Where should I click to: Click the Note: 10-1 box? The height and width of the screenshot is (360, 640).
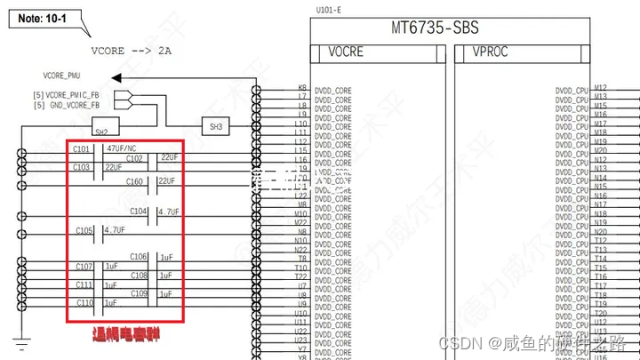44,18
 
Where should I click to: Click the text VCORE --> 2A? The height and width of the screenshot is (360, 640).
131,51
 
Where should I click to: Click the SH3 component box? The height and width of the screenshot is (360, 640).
217,127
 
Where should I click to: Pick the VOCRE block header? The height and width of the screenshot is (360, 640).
346,52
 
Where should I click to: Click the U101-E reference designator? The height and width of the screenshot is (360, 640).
328,11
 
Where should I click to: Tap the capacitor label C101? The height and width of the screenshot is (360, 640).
82,148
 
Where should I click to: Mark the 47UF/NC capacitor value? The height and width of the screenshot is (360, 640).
121,148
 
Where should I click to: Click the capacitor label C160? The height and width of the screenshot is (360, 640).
135,181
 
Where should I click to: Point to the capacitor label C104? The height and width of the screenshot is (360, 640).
139,212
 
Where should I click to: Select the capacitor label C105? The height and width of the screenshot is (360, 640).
84,230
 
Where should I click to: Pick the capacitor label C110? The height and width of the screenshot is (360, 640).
84,303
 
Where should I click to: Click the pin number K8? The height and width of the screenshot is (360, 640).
302,88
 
